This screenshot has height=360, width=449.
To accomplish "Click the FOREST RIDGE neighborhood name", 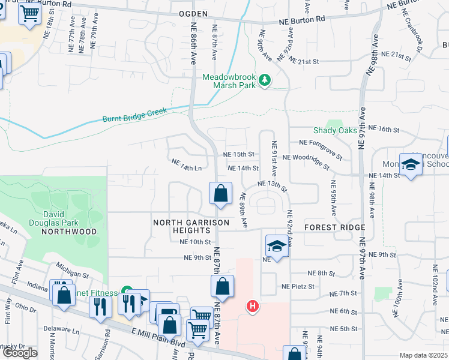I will [334, 227].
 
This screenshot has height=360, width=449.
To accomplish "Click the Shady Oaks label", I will [336, 130].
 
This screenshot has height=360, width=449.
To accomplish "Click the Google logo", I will [20, 352].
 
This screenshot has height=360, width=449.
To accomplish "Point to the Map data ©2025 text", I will [423, 355].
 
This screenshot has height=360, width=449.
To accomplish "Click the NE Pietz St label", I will [298, 287].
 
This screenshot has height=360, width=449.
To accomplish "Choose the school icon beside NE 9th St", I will [277, 246].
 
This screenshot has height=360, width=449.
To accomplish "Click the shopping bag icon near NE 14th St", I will [220, 194].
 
